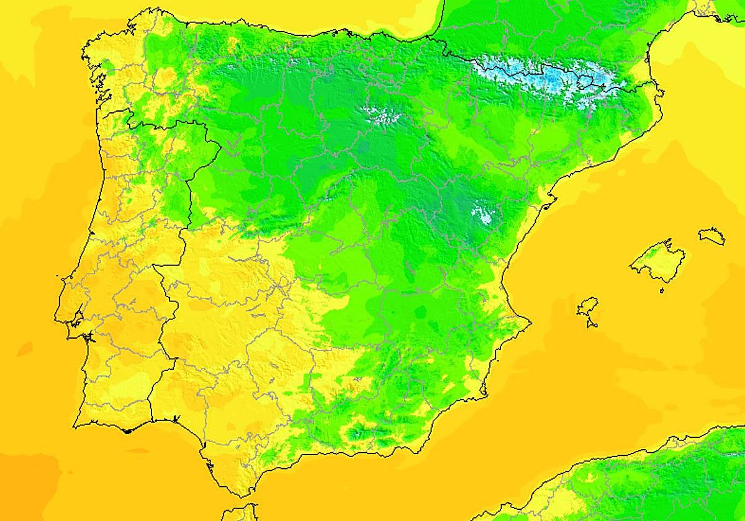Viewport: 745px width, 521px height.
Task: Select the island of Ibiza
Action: (x=587, y=306)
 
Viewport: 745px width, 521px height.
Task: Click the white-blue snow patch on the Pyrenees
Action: (x=546, y=78)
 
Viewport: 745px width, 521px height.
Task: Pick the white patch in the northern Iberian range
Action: (x=381, y=114)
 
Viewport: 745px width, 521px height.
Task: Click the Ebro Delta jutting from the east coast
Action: (x=550, y=200)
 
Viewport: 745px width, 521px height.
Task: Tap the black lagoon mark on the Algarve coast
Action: (x=127, y=430)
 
